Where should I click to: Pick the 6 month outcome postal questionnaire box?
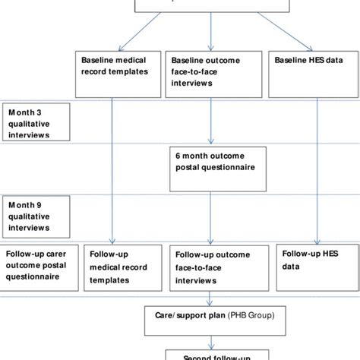(x=216, y=162)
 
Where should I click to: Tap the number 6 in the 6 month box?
(x=178, y=156)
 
